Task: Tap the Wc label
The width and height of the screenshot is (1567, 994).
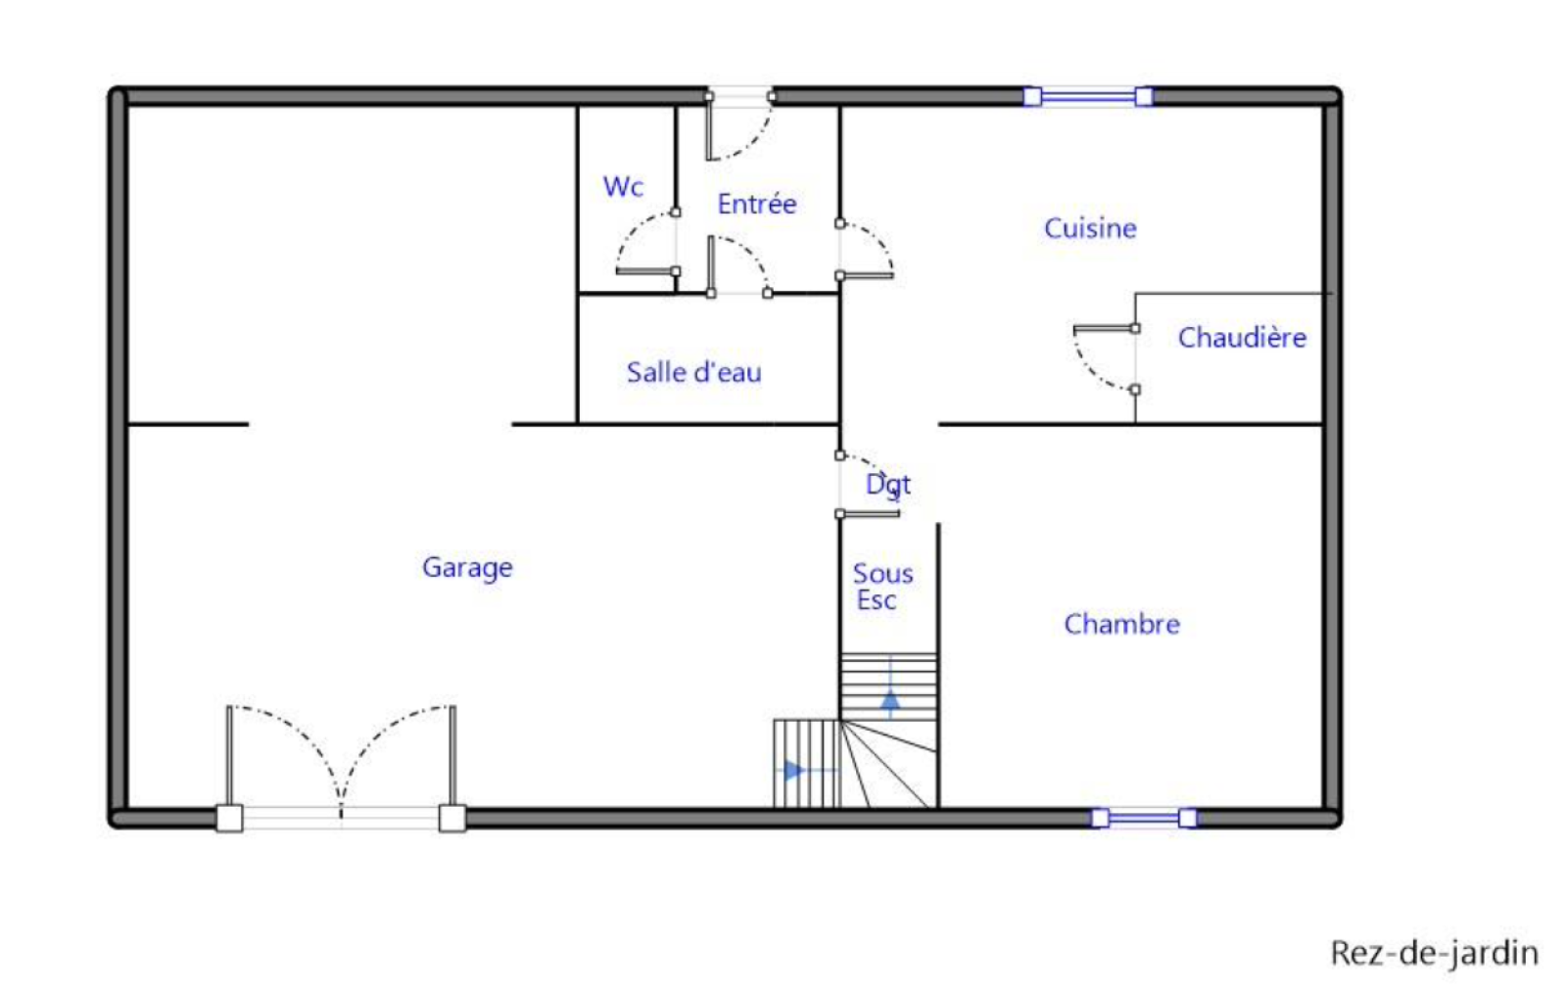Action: (x=623, y=187)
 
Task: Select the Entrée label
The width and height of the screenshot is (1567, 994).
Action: (x=757, y=204)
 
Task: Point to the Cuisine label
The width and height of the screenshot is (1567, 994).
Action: (x=1090, y=228)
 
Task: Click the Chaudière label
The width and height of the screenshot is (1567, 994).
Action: (x=1242, y=337)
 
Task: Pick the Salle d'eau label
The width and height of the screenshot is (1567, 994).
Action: (x=694, y=372)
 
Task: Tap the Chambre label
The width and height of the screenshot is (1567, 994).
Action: (x=1121, y=624)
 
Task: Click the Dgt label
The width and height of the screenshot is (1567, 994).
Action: (x=887, y=485)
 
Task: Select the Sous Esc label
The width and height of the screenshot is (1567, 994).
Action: (x=882, y=587)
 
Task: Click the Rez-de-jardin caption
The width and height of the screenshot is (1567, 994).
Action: (x=1434, y=954)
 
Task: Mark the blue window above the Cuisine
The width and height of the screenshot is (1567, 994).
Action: (x=1088, y=97)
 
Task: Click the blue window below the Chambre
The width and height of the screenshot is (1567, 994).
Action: (x=1144, y=818)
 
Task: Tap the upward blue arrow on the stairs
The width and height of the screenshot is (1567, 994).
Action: (x=890, y=688)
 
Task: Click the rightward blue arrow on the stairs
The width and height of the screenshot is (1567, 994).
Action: (x=804, y=771)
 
